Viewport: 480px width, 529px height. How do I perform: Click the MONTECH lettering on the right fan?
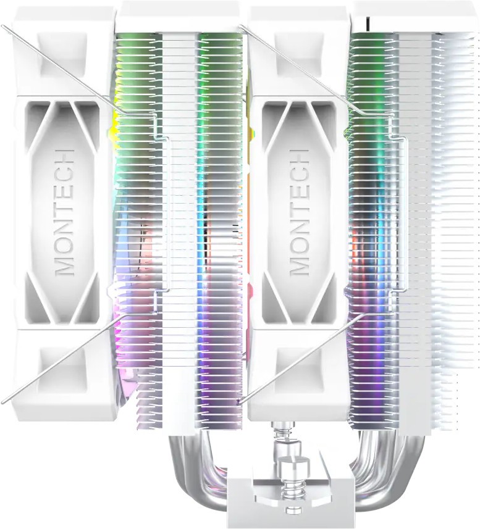tap(299, 212)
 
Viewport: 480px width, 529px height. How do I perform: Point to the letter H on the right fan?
tap(299, 157)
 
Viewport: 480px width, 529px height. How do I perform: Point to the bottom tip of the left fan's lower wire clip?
tap(2, 402)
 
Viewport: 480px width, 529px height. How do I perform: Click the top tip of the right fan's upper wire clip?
tap(240, 26)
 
